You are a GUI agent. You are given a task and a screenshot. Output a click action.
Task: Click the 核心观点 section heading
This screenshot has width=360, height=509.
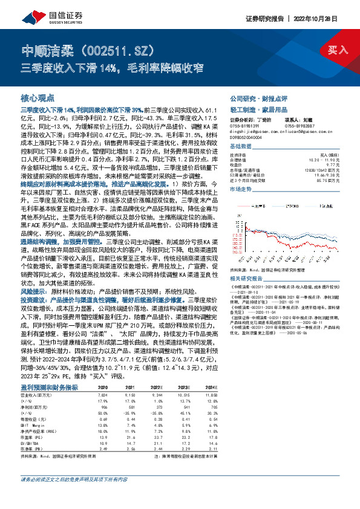[38, 97]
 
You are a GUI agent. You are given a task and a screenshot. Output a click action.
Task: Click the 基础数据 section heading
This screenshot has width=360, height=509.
[240, 147]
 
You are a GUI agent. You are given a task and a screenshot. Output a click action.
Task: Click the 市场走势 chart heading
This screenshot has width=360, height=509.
[240, 190]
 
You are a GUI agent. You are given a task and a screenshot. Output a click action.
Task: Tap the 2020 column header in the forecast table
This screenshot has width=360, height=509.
[102, 387]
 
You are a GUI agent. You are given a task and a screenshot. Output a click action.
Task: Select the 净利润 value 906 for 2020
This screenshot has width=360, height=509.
[103, 406]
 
